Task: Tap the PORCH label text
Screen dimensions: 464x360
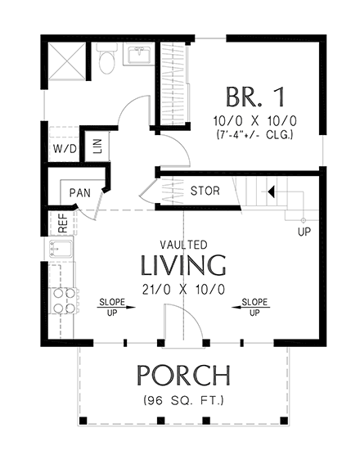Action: point(182,376)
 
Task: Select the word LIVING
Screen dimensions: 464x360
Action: point(183,265)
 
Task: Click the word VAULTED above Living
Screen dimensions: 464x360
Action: point(183,245)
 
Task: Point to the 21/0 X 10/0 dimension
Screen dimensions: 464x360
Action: point(183,288)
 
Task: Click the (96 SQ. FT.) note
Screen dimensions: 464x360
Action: point(183,401)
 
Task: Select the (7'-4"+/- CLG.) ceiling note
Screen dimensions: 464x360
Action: point(254,133)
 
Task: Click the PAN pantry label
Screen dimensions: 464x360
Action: point(79,193)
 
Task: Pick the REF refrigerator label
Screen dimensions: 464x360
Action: point(61,222)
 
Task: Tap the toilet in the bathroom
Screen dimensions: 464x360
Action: point(106,60)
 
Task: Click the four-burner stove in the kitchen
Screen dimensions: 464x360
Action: point(63,302)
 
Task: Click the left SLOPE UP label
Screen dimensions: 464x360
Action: point(112,307)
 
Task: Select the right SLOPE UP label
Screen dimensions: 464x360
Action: point(254,307)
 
